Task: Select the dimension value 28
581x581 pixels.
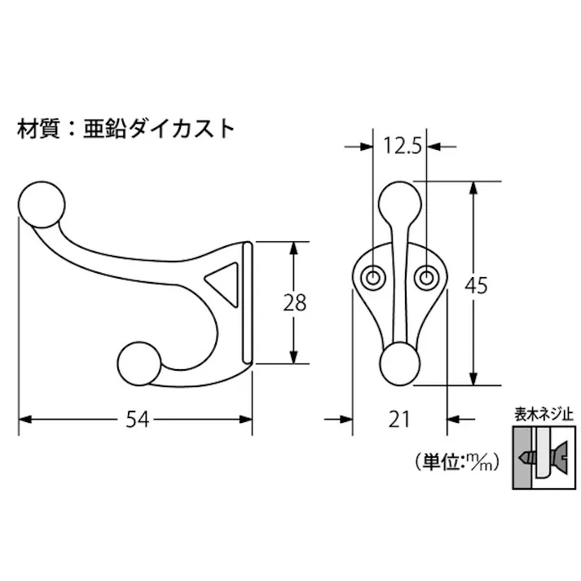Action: point(295,302)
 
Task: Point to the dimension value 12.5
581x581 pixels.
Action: point(401,147)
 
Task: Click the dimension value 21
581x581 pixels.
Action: point(398,420)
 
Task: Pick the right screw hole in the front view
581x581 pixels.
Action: point(425,277)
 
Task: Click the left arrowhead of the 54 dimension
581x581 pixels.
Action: point(23,420)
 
